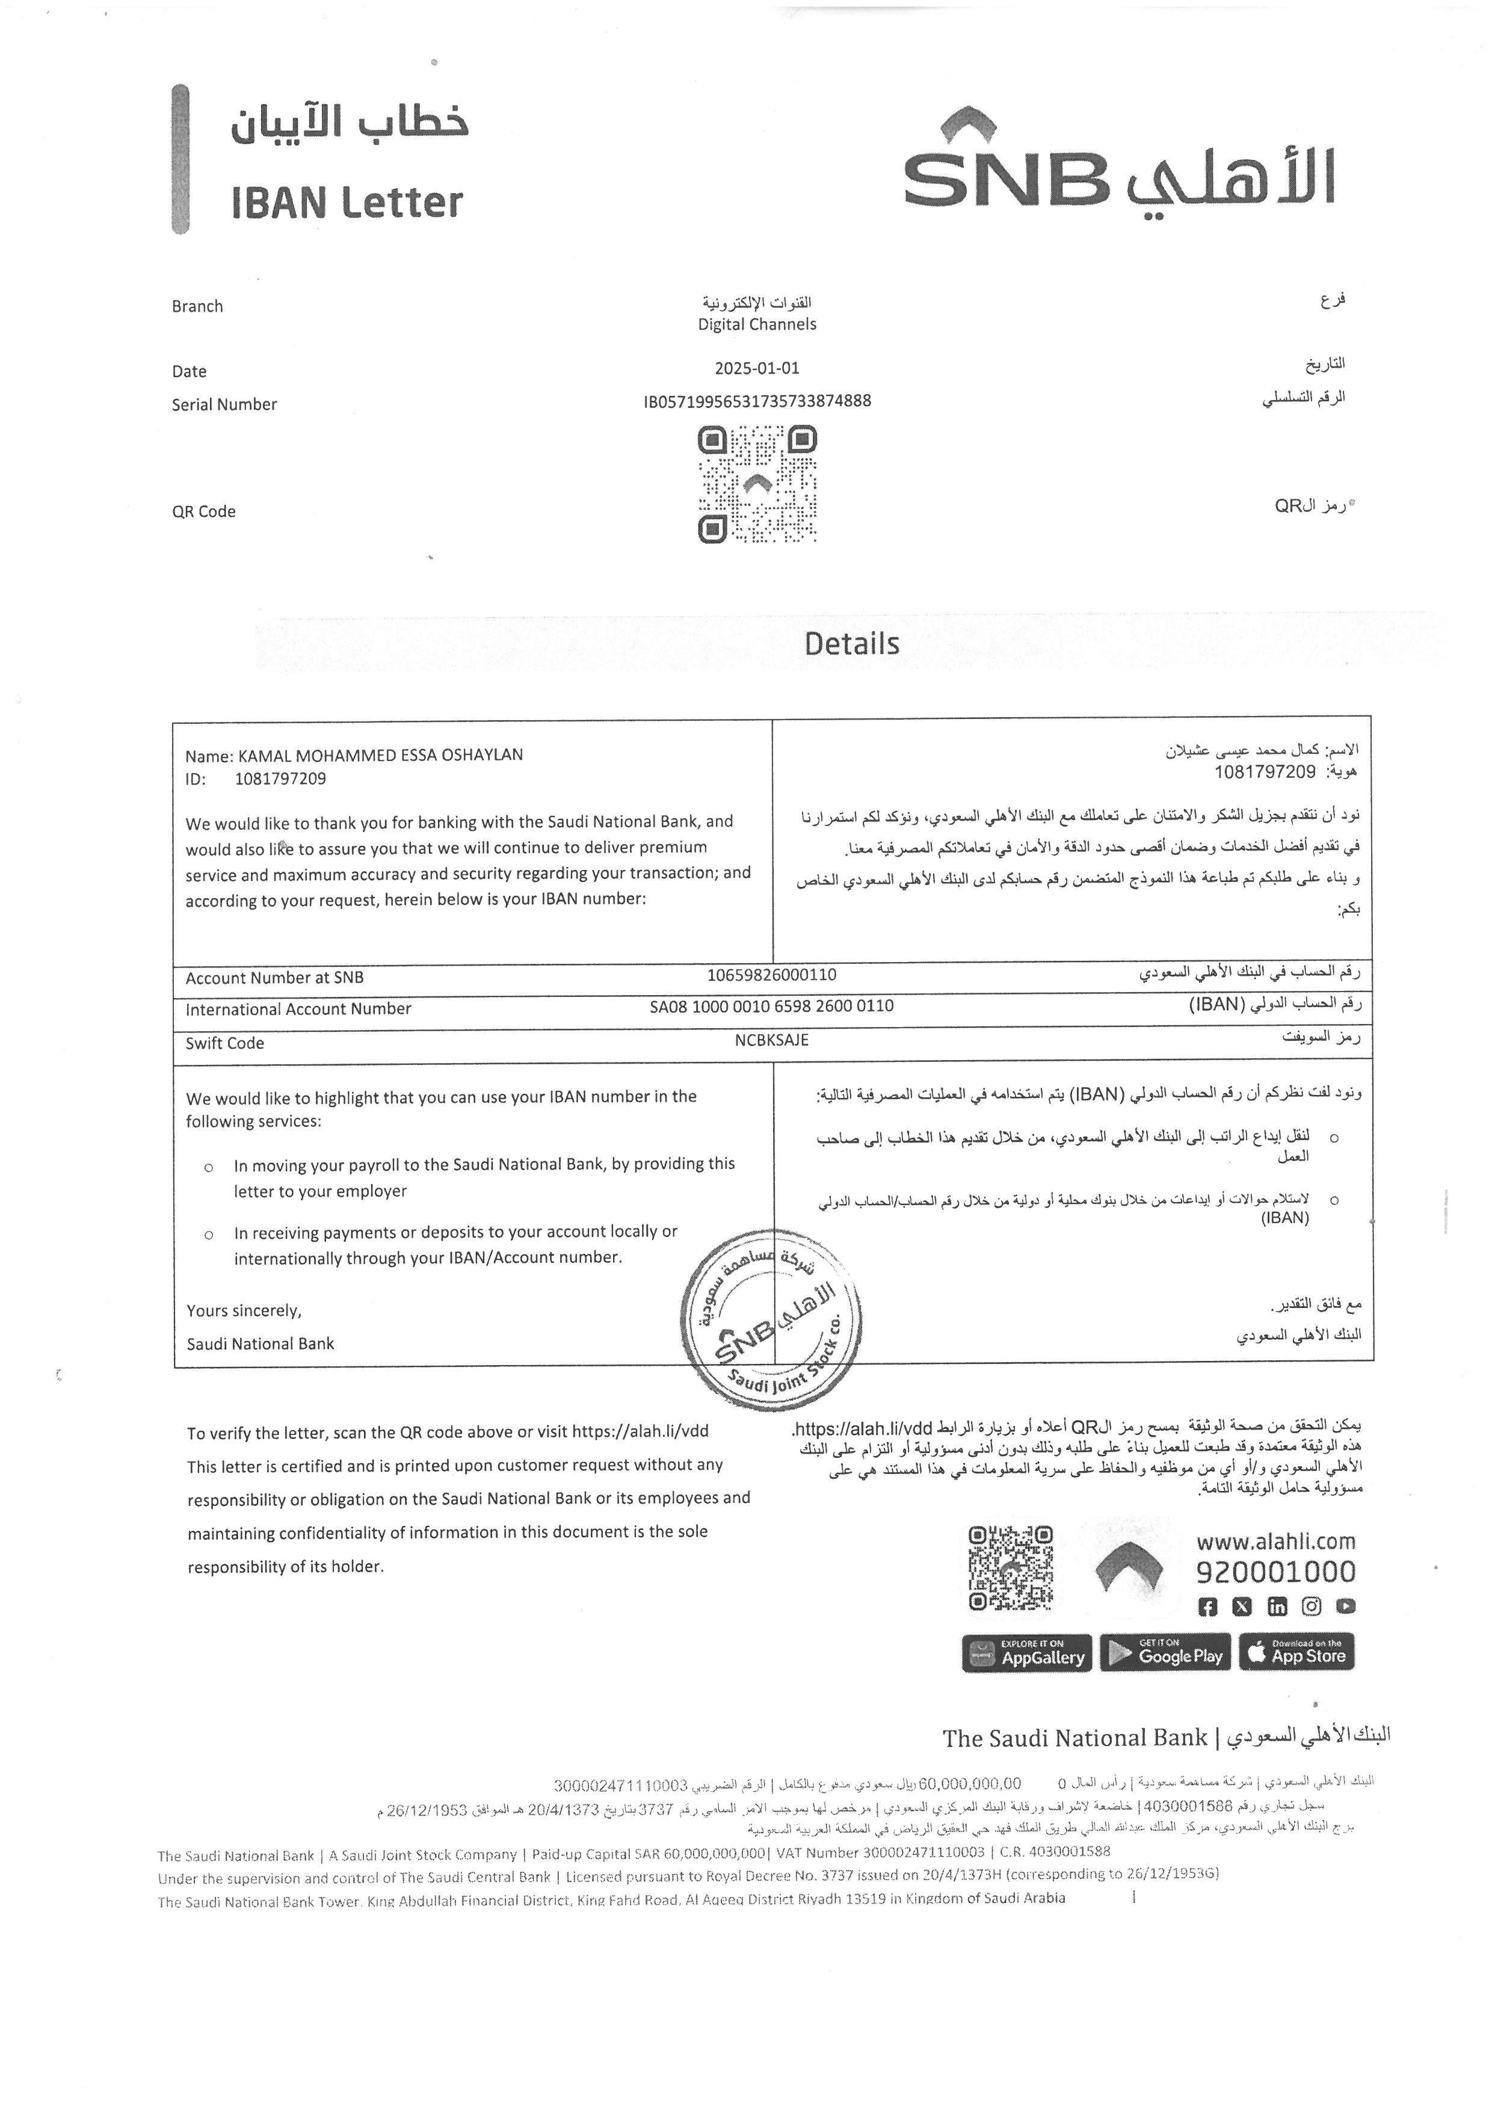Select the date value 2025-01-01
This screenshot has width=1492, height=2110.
coord(757,369)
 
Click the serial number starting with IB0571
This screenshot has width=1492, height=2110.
coord(757,401)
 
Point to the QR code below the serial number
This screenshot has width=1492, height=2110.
coord(757,484)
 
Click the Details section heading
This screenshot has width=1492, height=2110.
coord(852,643)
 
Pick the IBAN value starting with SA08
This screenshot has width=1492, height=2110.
coord(772,1007)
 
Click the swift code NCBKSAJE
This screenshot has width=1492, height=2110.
coord(772,1040)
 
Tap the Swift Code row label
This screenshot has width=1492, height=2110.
coord(225,1043)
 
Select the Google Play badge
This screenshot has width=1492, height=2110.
coord(1165,1653)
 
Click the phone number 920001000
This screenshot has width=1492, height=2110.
coord(1275,1572)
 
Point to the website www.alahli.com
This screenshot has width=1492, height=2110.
coord(1275,1541)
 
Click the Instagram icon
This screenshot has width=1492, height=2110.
coord(1312,1606)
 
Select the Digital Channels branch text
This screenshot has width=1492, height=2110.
coord(757,324)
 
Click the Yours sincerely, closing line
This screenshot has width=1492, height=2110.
coord(244,1310)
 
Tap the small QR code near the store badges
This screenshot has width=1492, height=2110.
coord(1011,1568)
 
